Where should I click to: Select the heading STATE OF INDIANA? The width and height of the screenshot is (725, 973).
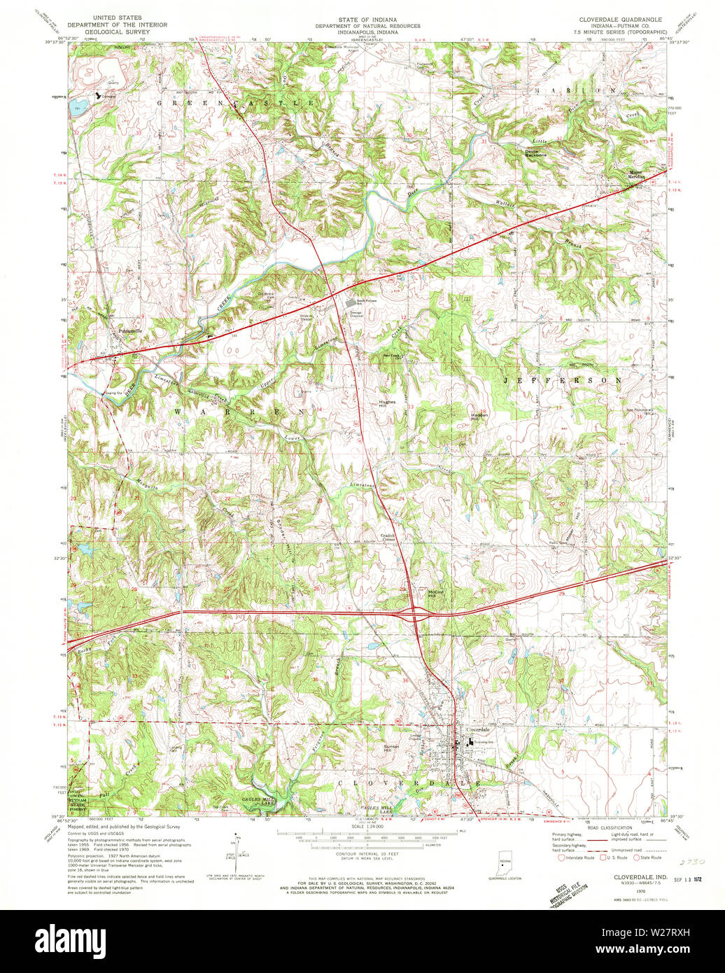click(362, 17)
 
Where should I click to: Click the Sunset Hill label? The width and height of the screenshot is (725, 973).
click(391, 748)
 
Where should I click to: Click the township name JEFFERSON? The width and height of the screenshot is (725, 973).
click(562, 380)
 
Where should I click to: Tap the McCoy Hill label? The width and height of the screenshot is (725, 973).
click(436, 593)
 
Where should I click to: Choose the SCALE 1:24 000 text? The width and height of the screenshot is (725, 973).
click(362, 828)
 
